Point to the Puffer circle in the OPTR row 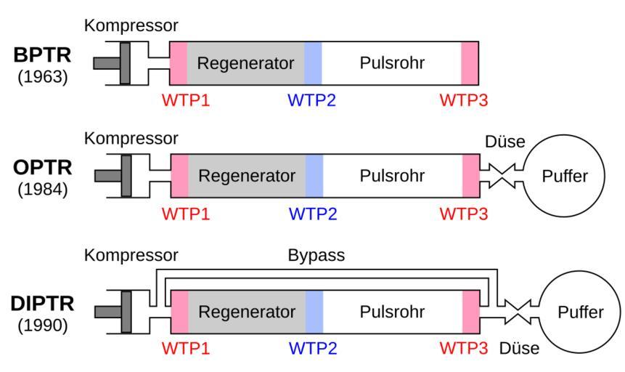tap(564, 177)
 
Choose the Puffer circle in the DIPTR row tap(580, 312)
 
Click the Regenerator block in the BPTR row tap(245, 62)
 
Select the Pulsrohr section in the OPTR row tap(392, 176)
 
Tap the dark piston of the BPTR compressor tap(125, 62)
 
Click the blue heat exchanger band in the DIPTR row tap(314, 312)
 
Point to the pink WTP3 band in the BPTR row tap(470, 62)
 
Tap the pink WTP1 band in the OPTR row tap(179, 176)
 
